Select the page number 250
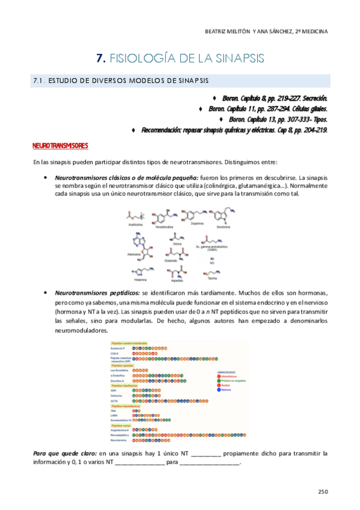coord(323,491)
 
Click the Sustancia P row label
coord(118,348)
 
